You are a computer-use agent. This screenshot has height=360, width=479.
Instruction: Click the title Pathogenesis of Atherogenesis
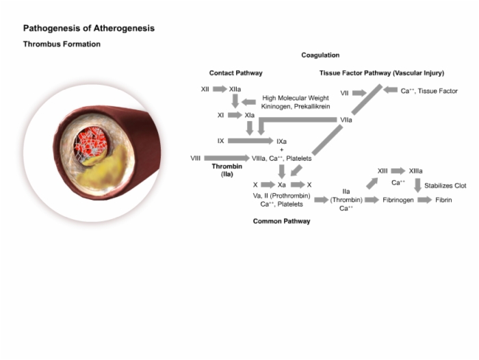point(89,29)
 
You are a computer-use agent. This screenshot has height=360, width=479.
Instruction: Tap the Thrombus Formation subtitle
point(62,44)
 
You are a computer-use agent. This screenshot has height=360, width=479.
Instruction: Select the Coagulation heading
point(320,55)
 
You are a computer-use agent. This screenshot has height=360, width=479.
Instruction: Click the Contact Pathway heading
point(236,73)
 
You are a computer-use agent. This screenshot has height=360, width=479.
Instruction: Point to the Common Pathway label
point(281,221)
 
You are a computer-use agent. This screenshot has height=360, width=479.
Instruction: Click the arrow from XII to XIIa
point(220,89)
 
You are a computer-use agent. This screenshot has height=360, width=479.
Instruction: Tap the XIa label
point(250,115)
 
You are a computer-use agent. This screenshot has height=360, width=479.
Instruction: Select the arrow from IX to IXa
point(250,140)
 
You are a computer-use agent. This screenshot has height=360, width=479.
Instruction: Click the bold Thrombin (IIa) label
point(227,170)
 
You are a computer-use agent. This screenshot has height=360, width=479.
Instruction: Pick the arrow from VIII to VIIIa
point(226,158)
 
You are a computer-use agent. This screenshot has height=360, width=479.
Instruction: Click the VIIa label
point(346,120)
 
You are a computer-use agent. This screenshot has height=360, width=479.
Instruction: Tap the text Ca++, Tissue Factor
point(429,91)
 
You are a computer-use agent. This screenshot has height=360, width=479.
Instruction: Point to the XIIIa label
point(416,171)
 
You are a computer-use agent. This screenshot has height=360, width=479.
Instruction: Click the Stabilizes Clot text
point(445,185)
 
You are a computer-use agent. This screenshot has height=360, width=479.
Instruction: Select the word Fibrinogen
point(398,200)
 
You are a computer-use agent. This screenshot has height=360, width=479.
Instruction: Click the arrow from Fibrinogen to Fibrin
point(425,200)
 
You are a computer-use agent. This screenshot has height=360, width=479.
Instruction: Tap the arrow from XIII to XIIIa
point(398,171)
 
